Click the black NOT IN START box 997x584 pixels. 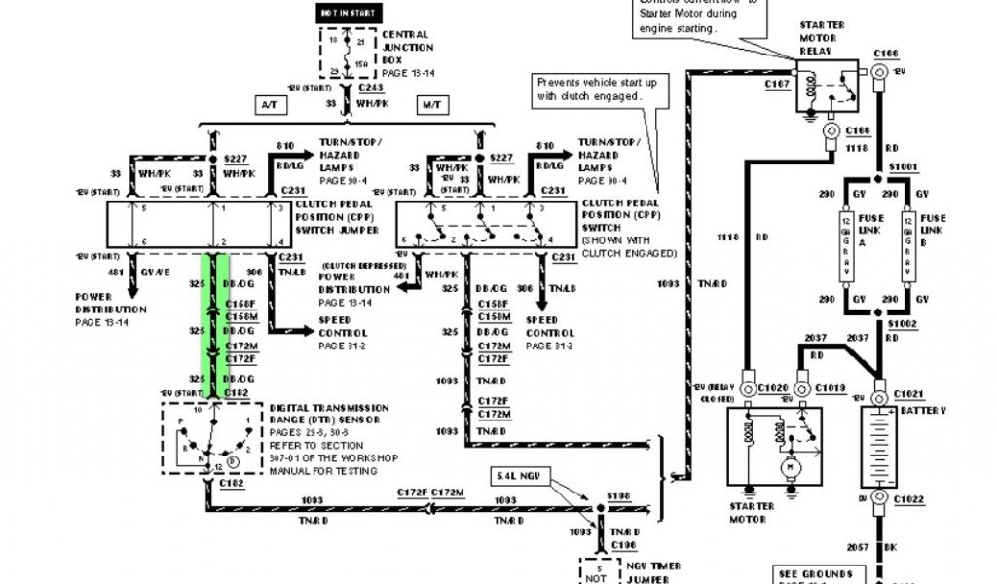351,14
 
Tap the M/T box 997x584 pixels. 429,103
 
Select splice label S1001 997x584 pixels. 905,168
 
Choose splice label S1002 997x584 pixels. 905,321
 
